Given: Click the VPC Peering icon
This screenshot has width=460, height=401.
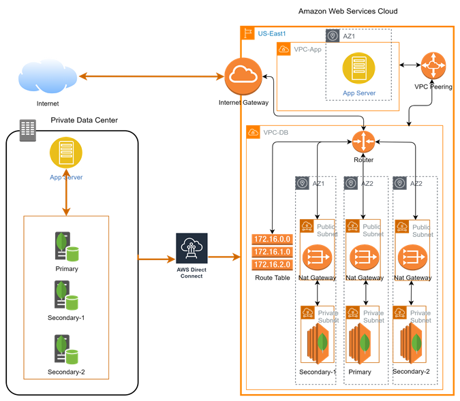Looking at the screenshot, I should [x=433, y=66].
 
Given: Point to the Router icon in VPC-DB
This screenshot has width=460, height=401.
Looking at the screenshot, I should [x=364, y=142].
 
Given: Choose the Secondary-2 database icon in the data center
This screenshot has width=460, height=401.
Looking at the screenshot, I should [x=67, y=349].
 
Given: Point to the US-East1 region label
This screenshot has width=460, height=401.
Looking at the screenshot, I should [x=271, y=33].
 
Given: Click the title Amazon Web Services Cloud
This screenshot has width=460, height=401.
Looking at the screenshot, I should [x=348, y=12].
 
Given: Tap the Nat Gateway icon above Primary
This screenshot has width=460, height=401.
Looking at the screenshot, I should [x=363, y=257].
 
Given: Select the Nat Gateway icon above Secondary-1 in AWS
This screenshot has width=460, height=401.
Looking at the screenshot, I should [x=316, y=257].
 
